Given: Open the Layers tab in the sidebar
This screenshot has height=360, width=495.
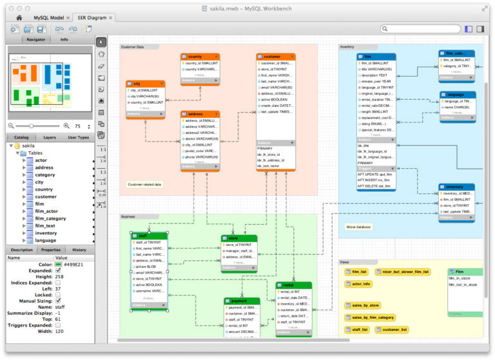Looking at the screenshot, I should (x=50, y=137).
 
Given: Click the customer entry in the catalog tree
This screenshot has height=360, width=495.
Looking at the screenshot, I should (x=46, y=196).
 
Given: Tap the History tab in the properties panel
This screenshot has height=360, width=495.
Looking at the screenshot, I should (x=79, y=250).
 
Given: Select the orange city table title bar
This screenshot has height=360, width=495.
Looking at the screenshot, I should (x=145, y=84).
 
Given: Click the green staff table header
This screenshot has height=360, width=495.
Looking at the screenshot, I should (x=149, y=236).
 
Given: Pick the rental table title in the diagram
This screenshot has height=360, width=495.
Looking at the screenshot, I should (x=293, y=285).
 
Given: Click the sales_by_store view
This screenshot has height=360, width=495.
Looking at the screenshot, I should (x=365, y=305).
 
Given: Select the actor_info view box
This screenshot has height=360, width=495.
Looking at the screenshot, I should (x=358, y=283).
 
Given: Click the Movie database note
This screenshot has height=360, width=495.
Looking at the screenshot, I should (x=358, y=227).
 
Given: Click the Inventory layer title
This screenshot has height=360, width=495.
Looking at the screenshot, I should (x=347, y=46).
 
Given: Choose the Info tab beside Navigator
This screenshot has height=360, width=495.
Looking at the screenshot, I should (x=64, y=39).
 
